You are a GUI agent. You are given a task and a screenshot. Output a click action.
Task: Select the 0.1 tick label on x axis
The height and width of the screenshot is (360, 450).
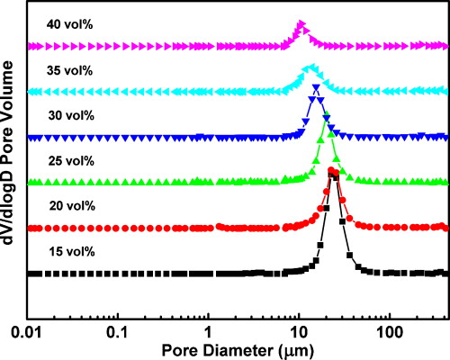click(117, 331)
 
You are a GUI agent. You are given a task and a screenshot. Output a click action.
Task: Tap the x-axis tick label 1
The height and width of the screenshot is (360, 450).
click(208, 331)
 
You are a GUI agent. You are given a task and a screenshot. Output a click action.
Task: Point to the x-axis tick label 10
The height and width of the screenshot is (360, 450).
click(298, 331)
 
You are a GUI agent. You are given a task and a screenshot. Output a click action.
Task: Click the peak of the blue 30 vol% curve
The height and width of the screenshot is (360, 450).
click(315, 87)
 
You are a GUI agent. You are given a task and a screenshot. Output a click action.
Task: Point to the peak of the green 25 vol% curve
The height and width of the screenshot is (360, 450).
click(326, 116)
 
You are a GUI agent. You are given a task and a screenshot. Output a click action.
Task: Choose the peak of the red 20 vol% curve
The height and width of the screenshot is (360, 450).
click(332, 170)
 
